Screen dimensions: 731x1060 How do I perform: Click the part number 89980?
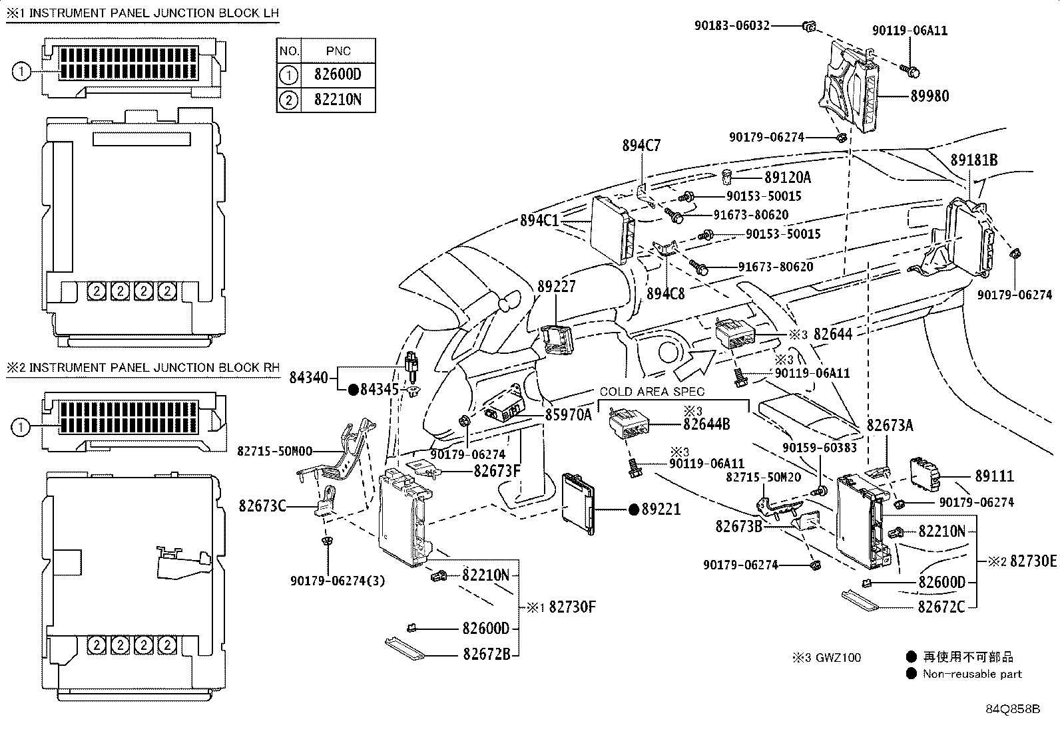tap(929, 96)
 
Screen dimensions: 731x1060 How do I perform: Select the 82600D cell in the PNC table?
tap(338, 74)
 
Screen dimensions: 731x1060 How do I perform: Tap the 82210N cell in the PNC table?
tap(338, 100)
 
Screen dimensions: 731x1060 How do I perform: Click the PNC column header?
tap(338, 51)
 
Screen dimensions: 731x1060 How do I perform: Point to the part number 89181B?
tap(974, 160)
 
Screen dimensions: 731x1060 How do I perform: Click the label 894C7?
tap(642, 145)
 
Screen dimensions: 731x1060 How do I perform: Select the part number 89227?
tap(557, 287)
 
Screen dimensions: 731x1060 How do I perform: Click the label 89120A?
tap(788, 178)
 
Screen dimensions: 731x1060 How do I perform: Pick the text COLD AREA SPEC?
tap(652, 392)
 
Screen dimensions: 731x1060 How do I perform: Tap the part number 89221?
tap(661, 510)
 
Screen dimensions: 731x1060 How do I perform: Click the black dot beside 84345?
tap(353, 389)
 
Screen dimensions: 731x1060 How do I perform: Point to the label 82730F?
tap(572, 607)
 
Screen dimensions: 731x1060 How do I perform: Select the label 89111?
tap(995, 476)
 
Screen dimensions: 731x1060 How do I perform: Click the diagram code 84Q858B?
tap(1013, 708)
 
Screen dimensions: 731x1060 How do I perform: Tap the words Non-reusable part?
tap(971, 674)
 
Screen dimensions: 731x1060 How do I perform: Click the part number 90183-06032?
tap(732, 26)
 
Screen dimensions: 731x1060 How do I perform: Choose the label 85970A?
tap(568, 414)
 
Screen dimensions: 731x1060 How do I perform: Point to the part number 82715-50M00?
tap(275, 451)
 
